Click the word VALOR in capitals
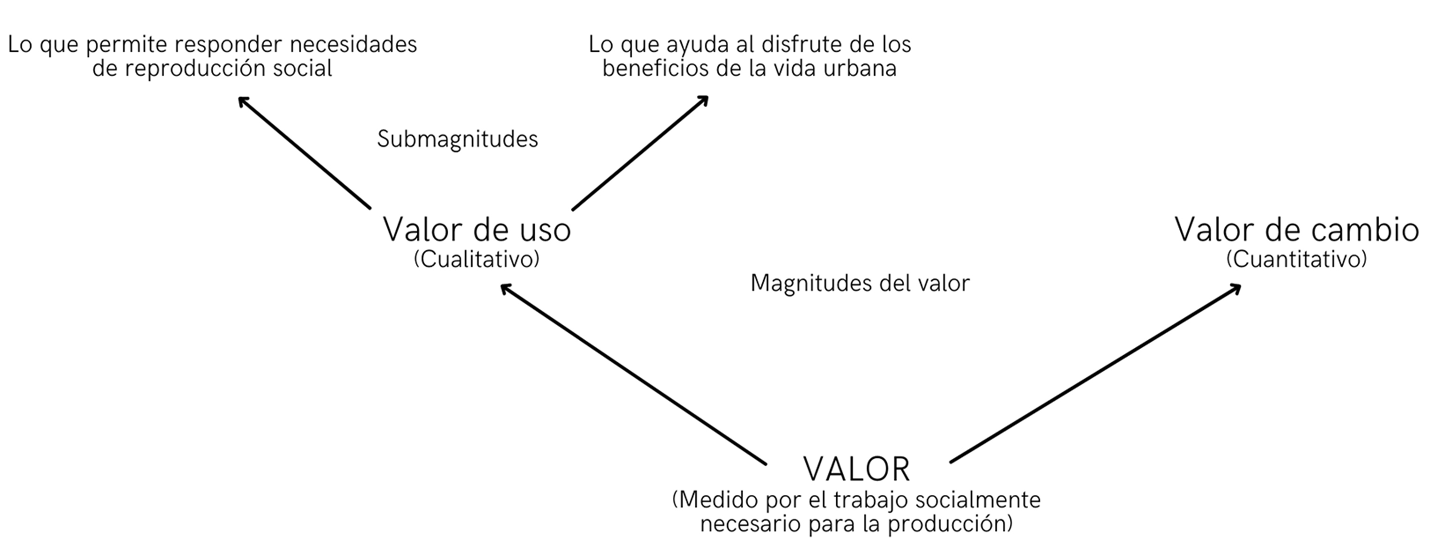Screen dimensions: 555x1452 [x=856, y=469]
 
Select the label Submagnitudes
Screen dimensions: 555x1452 [x=457, y=139]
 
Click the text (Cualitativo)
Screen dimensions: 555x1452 [x=476, y=259]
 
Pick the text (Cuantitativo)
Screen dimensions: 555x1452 [x=1297, y=259]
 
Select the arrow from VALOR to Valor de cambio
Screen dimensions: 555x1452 [x=1093, y=375]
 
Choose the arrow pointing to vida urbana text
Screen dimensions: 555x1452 [x=640, y=153]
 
